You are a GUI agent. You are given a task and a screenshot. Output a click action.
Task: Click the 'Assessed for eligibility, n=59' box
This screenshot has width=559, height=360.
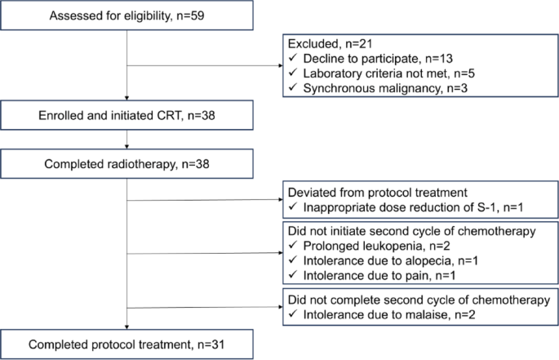126,15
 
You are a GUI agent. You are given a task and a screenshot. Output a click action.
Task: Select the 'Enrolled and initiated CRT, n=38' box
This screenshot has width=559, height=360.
126,115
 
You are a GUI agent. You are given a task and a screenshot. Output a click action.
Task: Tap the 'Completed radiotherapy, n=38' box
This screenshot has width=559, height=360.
126,164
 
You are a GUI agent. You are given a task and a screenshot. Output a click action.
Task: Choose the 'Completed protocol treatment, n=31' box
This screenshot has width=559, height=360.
126,344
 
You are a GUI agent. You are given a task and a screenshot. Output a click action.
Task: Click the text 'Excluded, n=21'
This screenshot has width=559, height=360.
331,43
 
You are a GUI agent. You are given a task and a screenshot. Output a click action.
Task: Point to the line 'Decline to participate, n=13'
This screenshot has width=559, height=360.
378,59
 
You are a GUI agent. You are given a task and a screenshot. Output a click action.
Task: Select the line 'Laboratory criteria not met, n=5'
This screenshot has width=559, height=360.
389,73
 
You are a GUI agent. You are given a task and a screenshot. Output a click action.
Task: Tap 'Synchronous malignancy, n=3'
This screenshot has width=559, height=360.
385,88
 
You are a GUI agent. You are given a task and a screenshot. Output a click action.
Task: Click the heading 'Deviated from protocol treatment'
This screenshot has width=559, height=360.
378,193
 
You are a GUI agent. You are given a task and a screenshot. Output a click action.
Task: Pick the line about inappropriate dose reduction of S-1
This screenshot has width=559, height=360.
413,207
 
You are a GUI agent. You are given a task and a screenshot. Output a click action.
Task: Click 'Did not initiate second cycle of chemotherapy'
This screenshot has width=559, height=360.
412,231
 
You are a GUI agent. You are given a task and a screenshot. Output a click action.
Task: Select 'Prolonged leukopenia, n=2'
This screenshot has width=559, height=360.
376,246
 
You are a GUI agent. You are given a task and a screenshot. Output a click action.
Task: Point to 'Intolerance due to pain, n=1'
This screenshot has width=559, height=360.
379,275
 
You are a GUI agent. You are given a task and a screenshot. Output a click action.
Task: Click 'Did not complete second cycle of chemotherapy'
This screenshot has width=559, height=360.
419,300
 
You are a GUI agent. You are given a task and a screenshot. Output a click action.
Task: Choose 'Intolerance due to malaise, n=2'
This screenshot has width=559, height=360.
389,314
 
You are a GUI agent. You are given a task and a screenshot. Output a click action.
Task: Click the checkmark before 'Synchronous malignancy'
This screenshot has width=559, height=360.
293,87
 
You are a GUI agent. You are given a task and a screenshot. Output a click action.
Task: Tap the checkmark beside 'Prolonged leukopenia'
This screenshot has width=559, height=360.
293,245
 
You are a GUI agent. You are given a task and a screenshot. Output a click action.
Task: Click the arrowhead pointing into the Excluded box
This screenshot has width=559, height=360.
281,65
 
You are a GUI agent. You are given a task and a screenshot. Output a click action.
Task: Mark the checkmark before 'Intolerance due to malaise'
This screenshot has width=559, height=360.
293,314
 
